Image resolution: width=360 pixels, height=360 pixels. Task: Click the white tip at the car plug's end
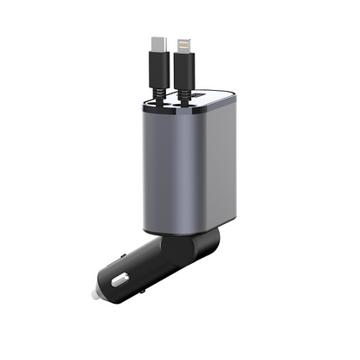click(90, 294)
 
